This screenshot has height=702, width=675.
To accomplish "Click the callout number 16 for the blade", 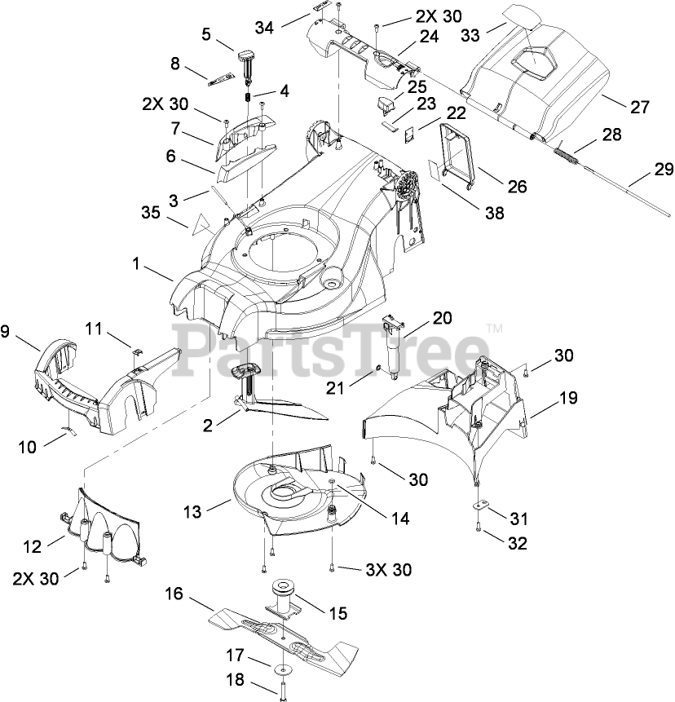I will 174,594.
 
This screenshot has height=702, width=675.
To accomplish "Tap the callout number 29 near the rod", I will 664,170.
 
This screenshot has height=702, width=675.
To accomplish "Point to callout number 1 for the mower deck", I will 135,265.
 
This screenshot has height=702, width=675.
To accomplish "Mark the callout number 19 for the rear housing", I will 567,399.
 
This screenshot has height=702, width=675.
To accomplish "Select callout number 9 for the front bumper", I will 6,332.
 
